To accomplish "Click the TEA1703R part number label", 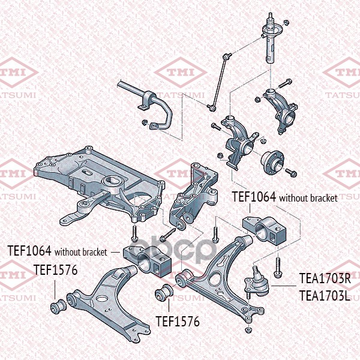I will [324, 279].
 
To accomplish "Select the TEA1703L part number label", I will [324, 295].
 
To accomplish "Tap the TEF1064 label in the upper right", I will [254, 197].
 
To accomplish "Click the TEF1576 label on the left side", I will [55, 270].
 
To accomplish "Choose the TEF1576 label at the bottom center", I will [178, 322].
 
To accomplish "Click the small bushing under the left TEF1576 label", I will [58, 306].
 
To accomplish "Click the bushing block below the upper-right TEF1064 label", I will [267, 230].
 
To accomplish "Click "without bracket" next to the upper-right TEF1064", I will [308, 197].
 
